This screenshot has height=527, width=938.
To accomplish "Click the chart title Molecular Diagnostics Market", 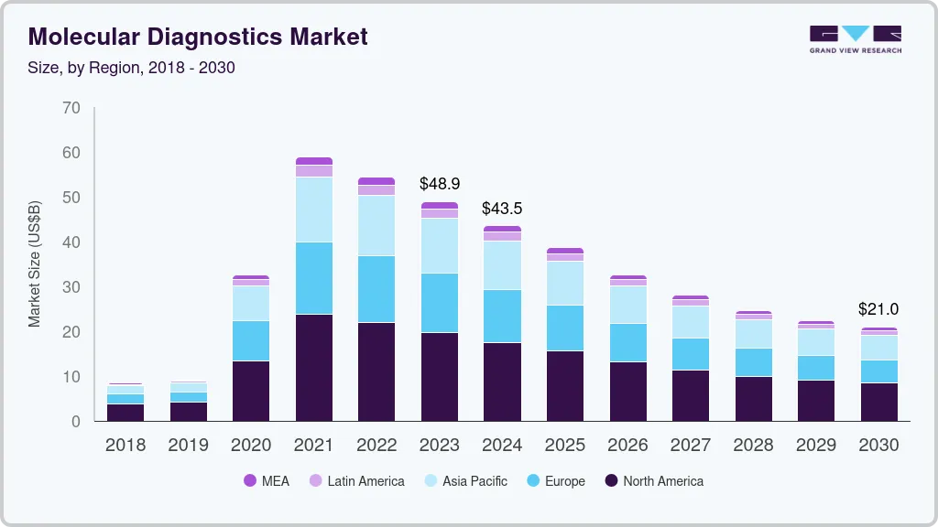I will tap(198, 37).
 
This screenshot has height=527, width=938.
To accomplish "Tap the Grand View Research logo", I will tap(855, 39).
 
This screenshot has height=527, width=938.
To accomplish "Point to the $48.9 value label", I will tap(439, 184).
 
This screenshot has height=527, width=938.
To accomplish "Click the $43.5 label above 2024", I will tap(502, 208).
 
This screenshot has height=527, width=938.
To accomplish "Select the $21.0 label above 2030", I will tap(878, 309).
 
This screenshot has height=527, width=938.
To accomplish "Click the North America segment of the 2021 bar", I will tap(314, 368).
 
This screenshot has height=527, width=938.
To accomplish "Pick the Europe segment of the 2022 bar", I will tap(376, 289).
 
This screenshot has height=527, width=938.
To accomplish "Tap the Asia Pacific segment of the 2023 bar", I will tap(440, 245).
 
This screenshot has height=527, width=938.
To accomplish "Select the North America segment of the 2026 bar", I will tap(627, 392).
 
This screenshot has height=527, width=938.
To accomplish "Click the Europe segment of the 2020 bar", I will tap(251, 340).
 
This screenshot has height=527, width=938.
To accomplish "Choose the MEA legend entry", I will tap(267, 481).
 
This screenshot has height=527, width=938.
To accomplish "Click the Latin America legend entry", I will tap(356, 481).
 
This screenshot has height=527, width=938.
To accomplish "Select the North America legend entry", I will tap(653, 481).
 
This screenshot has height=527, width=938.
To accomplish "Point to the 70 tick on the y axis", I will tap(71, 108).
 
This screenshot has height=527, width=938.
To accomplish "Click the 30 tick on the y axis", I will tap(71, 287).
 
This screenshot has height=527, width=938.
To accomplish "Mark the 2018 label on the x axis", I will tap(125, 446).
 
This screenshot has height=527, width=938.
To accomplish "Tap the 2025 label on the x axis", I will tap(564, 446).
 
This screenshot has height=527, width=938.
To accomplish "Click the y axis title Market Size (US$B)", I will tap(35, 264).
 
